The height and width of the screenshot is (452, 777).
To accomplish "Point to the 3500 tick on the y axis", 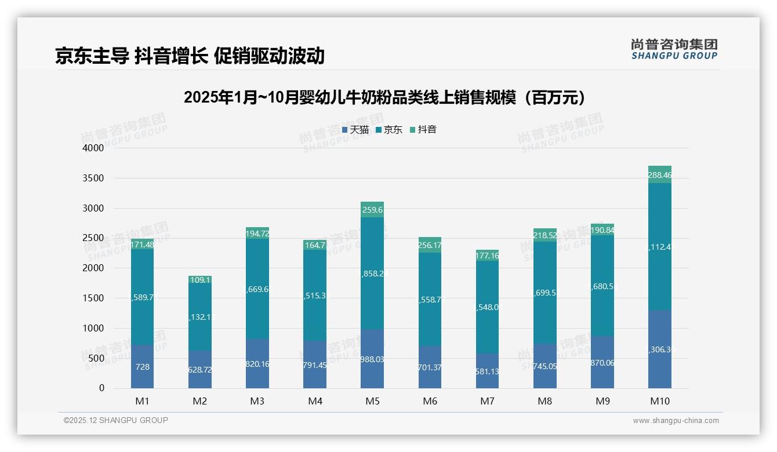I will (93, 178).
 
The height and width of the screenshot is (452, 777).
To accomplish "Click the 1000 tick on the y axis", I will (93, 328).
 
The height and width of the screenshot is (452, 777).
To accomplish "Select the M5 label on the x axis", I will (372, 401).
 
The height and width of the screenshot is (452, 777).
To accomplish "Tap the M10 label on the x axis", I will (659, 401).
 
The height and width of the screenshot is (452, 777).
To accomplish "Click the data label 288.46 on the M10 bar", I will (660, 174).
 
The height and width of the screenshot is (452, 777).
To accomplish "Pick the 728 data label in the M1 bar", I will (143, 367).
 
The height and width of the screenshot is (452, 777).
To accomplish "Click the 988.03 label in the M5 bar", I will (372, 359).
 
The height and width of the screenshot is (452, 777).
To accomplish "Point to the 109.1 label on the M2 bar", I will (200, 280).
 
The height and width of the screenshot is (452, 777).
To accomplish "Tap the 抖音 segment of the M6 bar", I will (430, 245).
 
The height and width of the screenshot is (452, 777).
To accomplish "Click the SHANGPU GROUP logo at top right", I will (674, 49).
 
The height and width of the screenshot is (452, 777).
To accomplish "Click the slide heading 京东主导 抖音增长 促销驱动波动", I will (190, 56).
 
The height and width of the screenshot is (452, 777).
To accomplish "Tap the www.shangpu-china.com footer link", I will (676, 421).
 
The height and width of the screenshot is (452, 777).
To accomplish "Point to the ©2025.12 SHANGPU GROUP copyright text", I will (116, 421).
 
